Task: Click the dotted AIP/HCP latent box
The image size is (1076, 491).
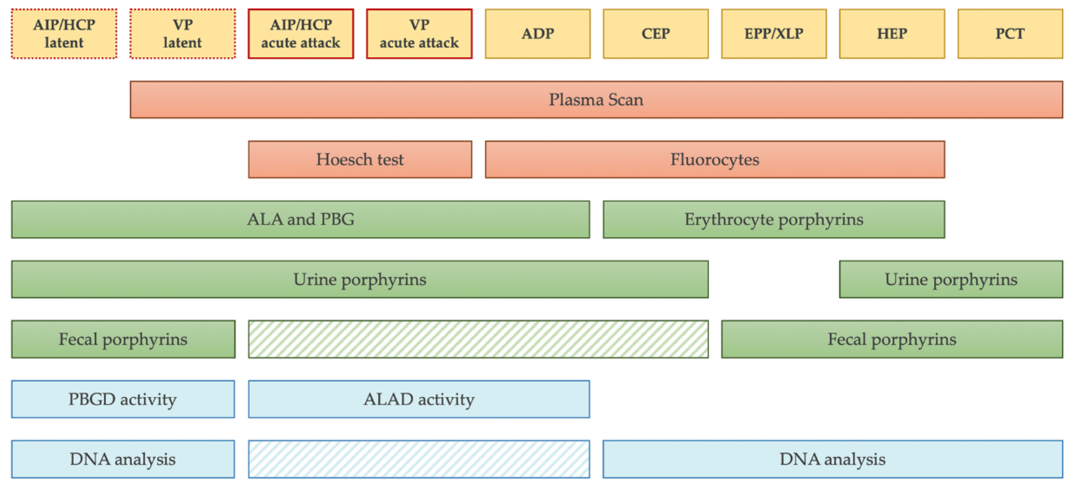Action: [x=64, y=34]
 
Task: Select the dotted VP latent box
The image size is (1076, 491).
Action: [x=182, y=34]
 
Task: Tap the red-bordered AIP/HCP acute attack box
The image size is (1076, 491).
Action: [x=301, y=34]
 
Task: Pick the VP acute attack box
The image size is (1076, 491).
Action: [x=419, y=34]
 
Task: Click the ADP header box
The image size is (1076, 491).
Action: [x=538, y=34]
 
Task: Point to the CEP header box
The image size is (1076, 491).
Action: [x=656, y=34]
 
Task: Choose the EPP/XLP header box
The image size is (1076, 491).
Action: [x=774, y=34]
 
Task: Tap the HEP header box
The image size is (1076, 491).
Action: [x=892, y=34]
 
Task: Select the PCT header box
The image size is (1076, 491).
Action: [x=1010, y=34]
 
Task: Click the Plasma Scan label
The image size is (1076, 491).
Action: [x=596, y=100]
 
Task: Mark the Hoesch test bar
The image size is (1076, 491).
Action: [x=360, y=159]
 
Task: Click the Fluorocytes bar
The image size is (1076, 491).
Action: [x=715, y=159]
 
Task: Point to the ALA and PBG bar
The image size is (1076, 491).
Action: [x=300, y=220]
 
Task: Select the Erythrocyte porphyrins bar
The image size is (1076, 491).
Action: [x=774, y=220]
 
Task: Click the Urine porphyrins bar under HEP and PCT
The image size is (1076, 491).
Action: [x=951, y=279]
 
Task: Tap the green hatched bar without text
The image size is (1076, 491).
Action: [x=478, y=339]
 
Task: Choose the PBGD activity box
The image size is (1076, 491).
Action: [x=123, y=399]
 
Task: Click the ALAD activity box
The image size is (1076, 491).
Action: [x=419, y=399]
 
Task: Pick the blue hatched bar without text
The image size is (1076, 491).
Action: [x=419, y=459]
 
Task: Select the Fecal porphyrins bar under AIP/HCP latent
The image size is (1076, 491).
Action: [x=123, y=339]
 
